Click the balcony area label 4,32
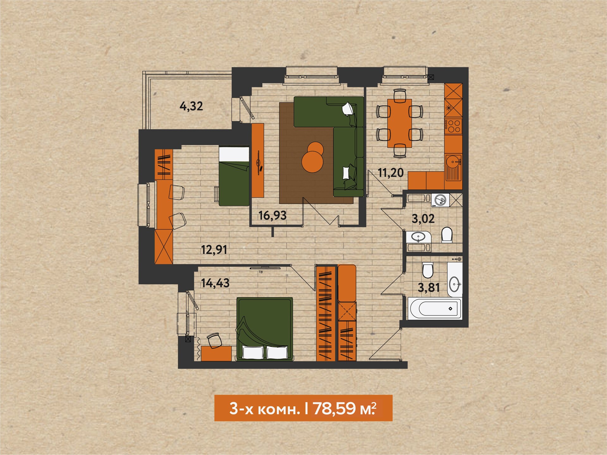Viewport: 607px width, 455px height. tap(191, 106)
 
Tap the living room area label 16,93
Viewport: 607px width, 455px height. tap(272, 215)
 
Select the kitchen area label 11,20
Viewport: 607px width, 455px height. tap(391, 173)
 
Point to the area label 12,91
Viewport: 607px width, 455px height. tap(214, 250)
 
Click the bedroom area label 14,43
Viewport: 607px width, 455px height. tap(215, 283)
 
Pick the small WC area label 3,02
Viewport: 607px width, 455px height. tap(423, 219)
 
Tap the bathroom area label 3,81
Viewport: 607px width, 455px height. tap(429, 288)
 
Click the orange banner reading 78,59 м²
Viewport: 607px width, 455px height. tap(303, 408)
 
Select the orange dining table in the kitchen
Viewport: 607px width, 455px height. tap(400, 123)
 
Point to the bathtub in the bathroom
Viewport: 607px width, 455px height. tap(435, 308)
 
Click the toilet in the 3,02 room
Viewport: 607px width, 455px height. tap(447, 235)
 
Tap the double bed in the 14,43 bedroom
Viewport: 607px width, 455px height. tap(264, 329)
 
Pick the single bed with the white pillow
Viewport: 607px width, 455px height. tap(234, 176)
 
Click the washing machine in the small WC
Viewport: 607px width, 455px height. tap(440, 200)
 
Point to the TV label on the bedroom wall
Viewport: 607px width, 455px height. tap(261, 272)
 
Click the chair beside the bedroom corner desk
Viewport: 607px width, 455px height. tap(215, 341)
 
